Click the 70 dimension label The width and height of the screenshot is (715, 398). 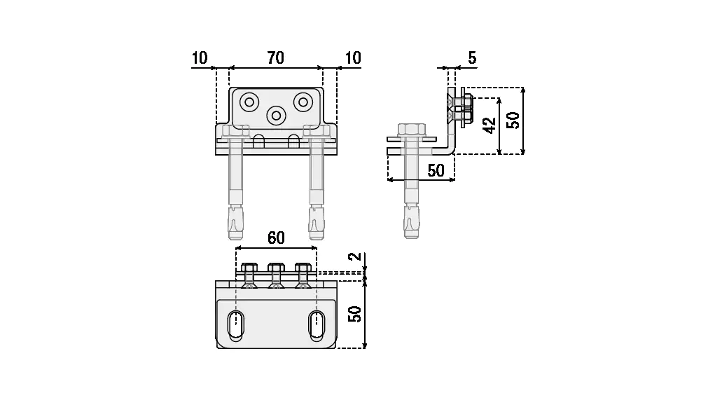pyautogui.click(x=276, y=58)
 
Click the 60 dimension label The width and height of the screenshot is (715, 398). pyautogui.click(x=276, y=238)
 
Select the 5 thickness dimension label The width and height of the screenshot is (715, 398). pyautogui.click(x=472, y=58)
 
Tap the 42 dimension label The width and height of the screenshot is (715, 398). pyautogui.click(x=490, y=125)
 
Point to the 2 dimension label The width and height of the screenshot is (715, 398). pyautogui.click(x=355, y=256)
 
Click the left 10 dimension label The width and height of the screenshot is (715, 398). pyautogui.click(x=200, y=58)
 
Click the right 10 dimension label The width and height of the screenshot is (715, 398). pyautogui.click(x=353, y=58)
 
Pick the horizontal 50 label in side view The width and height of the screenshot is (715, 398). pyautogui.click(x=436, y=170)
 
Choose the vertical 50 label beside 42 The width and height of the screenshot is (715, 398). pyautogui.click(x=513, y=121)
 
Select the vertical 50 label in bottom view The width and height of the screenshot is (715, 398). pyautogui.click(x=355, y=314)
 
